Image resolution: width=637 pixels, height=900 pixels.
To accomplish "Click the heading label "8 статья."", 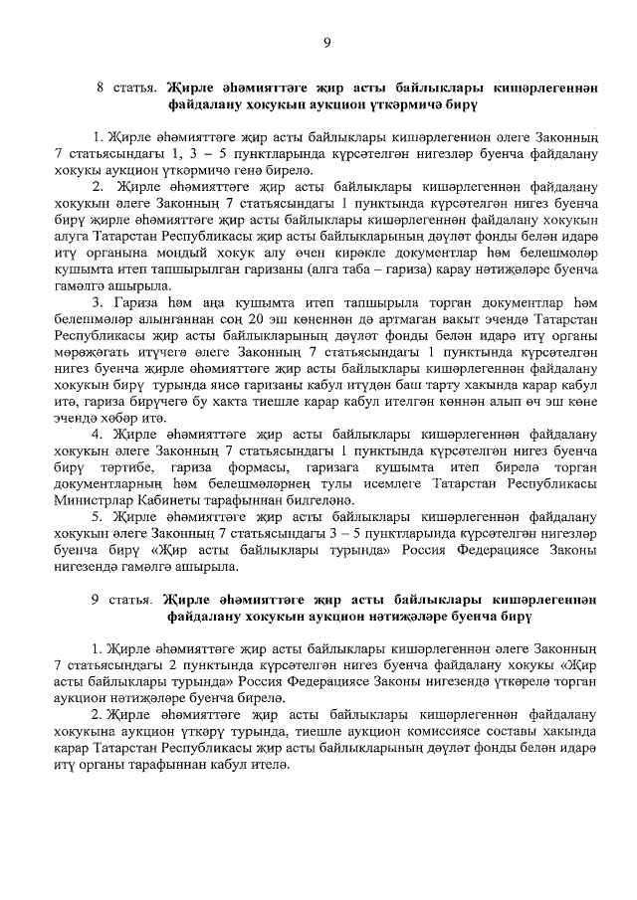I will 125,88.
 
